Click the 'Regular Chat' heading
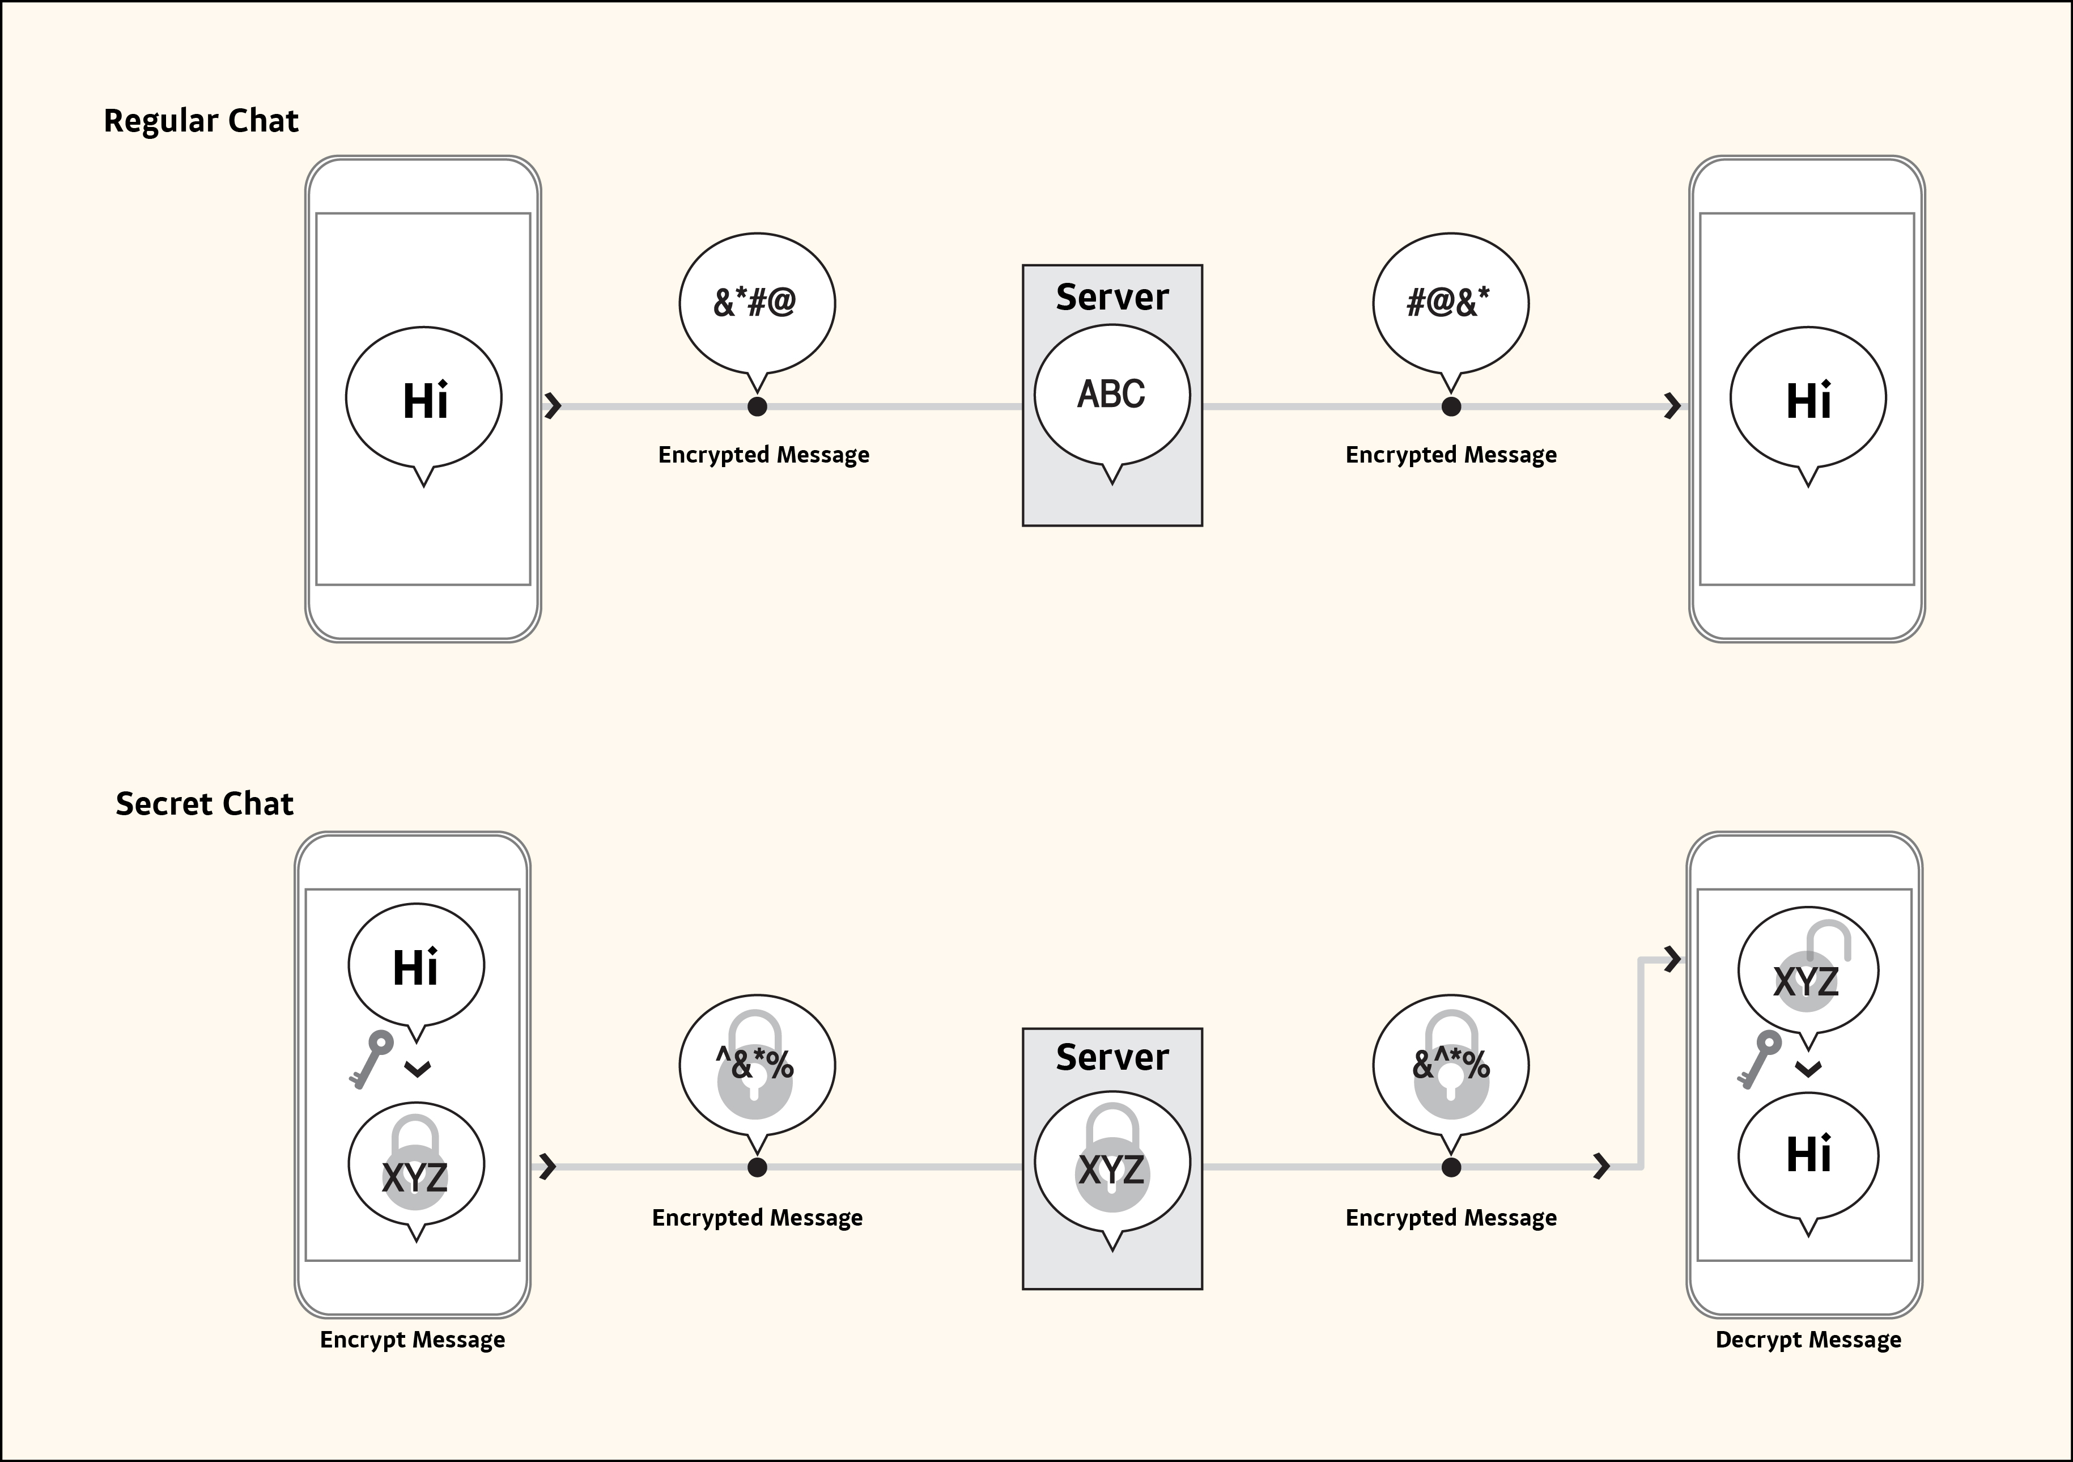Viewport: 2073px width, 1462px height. pyautogui.click(x=201, y=121)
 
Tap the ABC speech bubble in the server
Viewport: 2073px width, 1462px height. pyautogui.click(x=1111, y=394)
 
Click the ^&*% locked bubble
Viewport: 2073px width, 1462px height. pyautogui.click(x=757, y=1064)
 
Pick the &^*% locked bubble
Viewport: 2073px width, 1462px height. pyautogui.click(x=1450, y=1064)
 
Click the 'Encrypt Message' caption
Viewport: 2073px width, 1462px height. pyautogui.click(x=413, y=1339)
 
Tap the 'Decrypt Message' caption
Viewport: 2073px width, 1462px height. pyautogui.click(x=1808, y=1339)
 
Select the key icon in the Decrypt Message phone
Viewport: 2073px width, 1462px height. pyautogui.click(x=1759, y=1058)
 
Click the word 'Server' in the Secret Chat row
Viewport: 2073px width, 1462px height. pyautogui.click(x=1111, y=1057)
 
